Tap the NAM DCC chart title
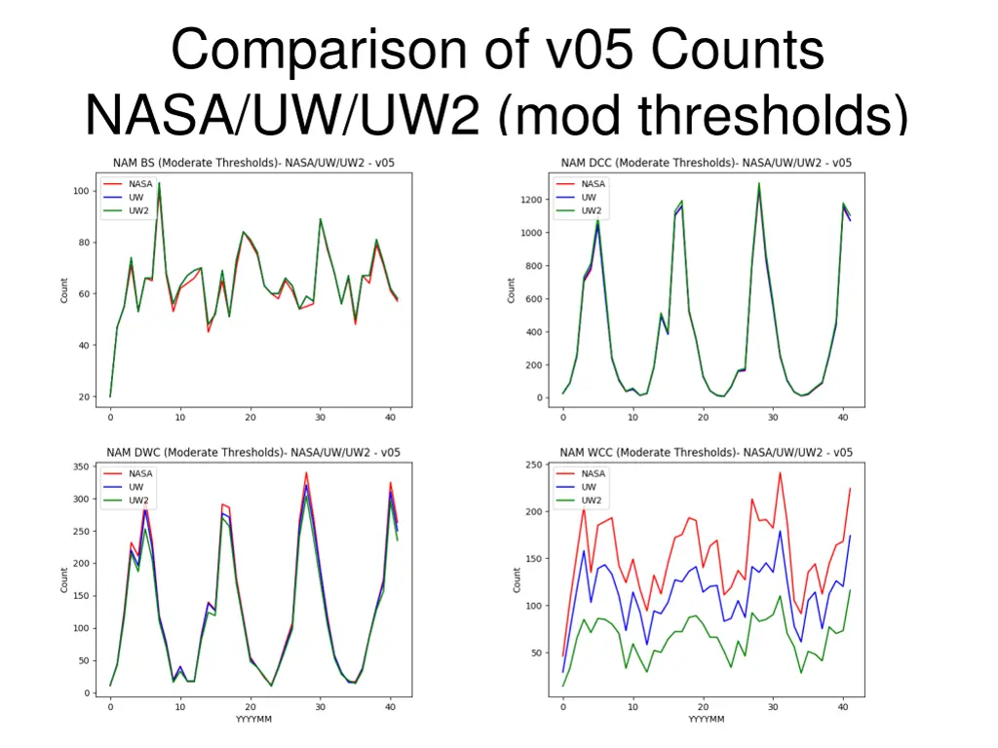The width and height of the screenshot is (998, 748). (706, 163)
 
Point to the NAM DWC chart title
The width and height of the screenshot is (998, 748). (253, 452)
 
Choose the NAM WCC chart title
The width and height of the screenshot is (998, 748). (706, 452)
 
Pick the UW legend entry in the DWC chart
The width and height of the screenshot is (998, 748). (135, 487)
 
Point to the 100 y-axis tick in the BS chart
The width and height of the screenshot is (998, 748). (82, 191)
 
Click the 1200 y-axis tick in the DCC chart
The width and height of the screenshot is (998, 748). (530, 200)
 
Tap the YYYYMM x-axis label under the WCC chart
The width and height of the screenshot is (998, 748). (706, 720)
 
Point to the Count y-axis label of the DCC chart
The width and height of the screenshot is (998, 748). (511, 290)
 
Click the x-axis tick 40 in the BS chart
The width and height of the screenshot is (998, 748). (390, 418)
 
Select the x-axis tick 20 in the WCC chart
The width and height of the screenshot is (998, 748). (703, 707)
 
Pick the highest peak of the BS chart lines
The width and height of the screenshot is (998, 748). (159, 183)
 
